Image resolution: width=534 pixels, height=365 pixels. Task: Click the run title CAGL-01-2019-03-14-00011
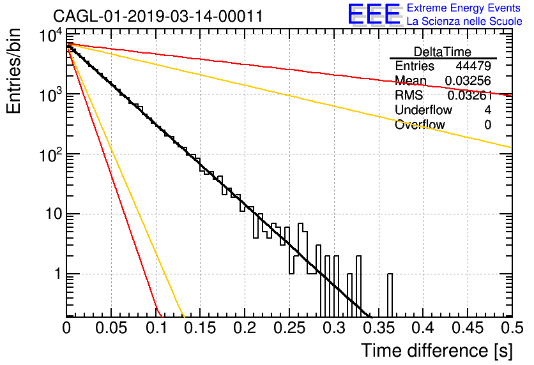click(158, 16)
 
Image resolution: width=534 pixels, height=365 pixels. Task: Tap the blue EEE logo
click(374, 14)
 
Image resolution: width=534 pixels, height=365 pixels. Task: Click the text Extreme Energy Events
click(464, 8)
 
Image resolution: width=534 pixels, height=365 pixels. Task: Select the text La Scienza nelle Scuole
click(464, 22)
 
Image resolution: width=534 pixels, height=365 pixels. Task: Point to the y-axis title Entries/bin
click(13, 71)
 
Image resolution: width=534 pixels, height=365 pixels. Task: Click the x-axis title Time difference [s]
click(437, 351)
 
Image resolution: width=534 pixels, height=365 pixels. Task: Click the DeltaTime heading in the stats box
click(443, 52)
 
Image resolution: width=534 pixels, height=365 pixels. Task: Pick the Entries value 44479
click(473, 66)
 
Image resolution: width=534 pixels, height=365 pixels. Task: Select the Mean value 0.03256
click(468, 80)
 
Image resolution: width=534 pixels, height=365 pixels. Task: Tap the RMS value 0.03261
click(470, 95)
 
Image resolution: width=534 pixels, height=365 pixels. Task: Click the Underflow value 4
click(487, 110)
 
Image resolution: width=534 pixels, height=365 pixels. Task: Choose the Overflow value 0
click(487, 124)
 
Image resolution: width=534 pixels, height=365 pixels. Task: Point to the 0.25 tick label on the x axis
click(289, 328)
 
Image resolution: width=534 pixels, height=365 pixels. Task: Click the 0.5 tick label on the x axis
click(512, 328)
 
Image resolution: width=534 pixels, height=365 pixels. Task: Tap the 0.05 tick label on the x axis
click(111, 328)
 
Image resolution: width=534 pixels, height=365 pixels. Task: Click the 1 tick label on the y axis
click(58, 274)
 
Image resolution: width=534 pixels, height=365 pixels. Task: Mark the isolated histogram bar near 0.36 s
click(390, 295)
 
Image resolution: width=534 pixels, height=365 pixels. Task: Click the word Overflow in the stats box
click(420, 124)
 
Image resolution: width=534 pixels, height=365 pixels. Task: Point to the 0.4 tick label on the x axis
click(423, 328)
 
